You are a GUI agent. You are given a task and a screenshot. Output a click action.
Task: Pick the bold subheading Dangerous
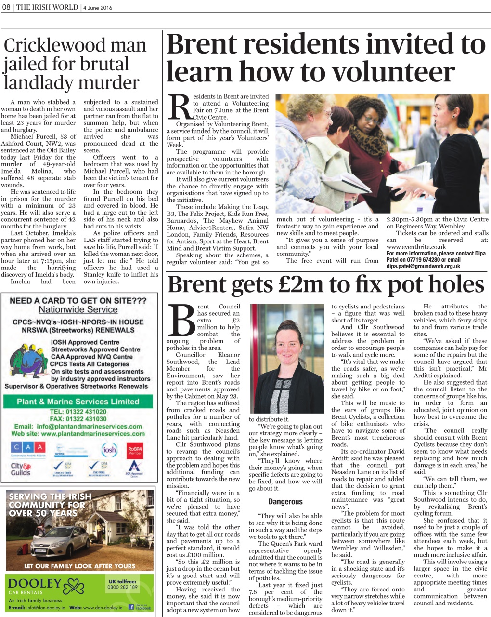point(285,502)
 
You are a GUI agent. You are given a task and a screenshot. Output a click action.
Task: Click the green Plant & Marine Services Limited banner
point(78,402)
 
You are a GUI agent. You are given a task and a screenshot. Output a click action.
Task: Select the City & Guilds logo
point(21,469)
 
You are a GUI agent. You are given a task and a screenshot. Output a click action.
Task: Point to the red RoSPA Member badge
point(135,450)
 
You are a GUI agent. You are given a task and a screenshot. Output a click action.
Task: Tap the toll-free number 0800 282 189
point(122,587)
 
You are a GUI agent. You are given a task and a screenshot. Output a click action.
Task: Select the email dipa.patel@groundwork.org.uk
point(423,266)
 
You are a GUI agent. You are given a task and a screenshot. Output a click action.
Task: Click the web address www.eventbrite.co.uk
point(416,247)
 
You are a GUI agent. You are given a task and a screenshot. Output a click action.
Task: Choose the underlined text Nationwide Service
point(78,310)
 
